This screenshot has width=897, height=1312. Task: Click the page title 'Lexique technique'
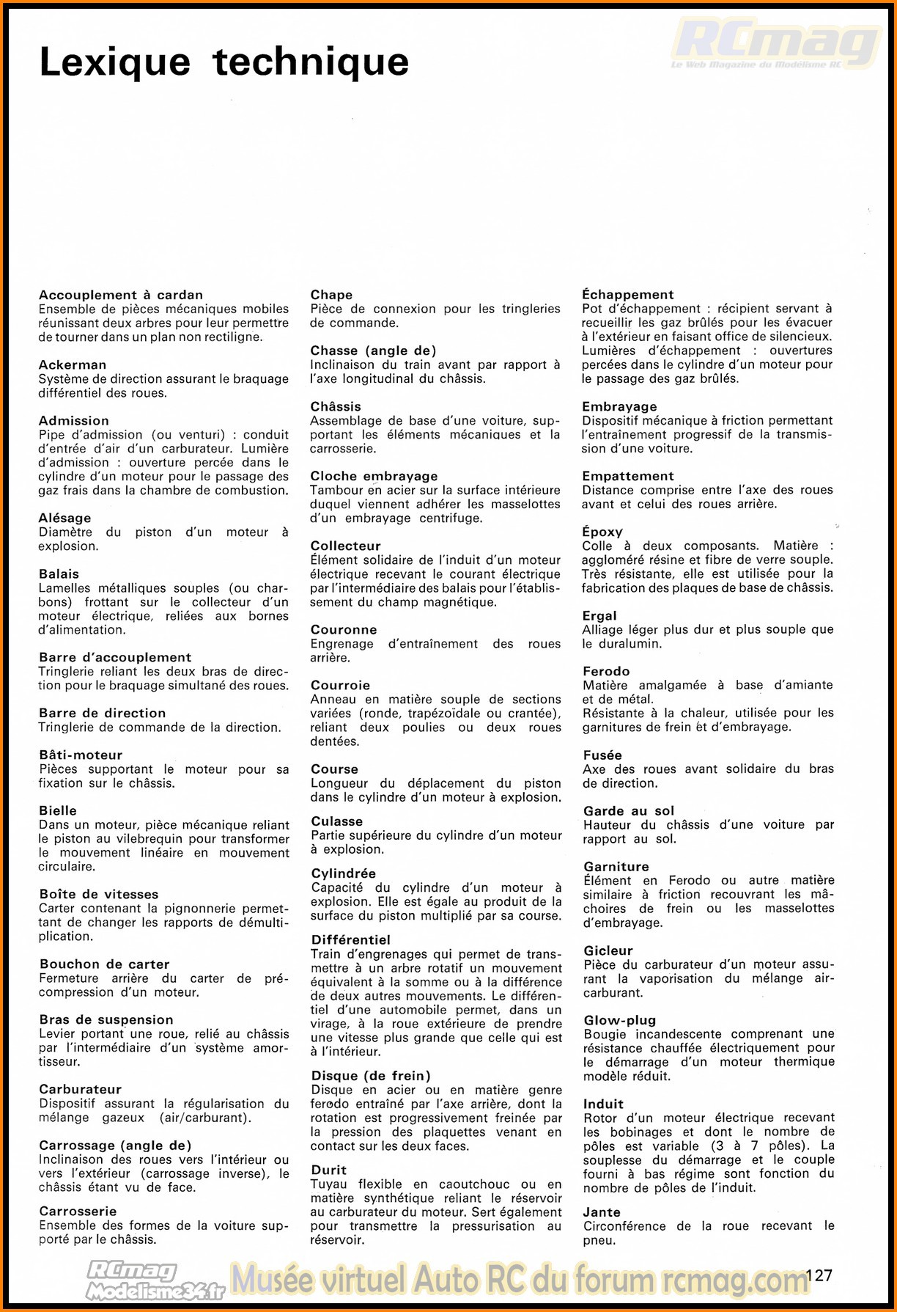pos(224,62)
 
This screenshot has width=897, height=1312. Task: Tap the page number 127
pos(819,1275)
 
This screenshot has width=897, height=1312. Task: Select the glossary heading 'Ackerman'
pos(73,364)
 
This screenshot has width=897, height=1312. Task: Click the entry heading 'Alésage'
pos(65,518)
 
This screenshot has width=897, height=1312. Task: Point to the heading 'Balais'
pos(59,573)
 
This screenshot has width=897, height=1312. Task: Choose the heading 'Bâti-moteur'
pos(81,755)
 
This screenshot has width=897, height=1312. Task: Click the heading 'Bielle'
pos(58,810)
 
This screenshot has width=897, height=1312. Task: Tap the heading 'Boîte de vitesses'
pos(99,894)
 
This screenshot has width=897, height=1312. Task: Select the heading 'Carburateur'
pos(80,1089)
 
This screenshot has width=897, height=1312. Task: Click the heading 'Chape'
pos(331,294)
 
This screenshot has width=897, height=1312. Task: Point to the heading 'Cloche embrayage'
pos(374,476)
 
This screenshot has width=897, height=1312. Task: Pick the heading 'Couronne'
pos(344,629)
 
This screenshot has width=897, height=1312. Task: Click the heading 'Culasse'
pos(337,821)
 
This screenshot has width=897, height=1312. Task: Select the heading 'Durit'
pos(329,1170)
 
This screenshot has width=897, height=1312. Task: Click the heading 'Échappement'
pos(628,294)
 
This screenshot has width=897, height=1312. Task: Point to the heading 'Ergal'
pos(599,615)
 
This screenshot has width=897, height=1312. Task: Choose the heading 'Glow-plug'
pos(619,1020)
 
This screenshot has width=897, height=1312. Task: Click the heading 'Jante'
pos(602,1212)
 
